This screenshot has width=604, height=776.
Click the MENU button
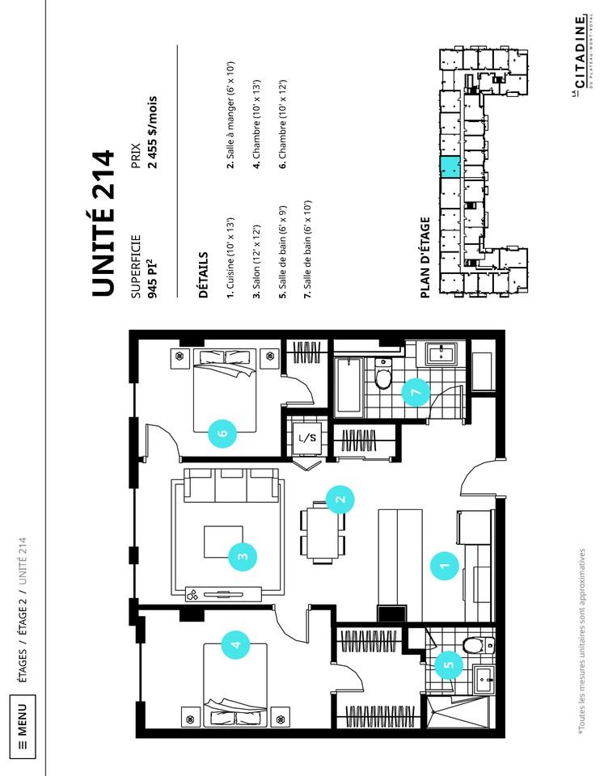coord(23,726)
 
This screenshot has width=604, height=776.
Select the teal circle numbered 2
coord(340,499)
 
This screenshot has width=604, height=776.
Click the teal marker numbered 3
coord(243,556)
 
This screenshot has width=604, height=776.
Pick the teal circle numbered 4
coord(236,644)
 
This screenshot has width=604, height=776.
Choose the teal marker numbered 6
coord(222,432)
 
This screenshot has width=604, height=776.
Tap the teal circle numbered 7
coord(416,393)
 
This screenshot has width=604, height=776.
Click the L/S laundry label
coord(307,437)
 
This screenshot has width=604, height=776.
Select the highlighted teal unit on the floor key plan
coord(450,167)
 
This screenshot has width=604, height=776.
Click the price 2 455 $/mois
coord(153,132)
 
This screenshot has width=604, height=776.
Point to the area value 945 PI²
coord(153,280)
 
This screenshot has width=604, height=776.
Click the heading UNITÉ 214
coord(103,223)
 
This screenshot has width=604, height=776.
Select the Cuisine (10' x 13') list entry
coord(230,258)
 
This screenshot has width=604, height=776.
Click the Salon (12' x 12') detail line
coord(256,262)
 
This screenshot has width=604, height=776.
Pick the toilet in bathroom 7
coord(383,374)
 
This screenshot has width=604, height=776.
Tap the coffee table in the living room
coord(224,542)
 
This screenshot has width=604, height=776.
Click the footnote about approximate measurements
coord(582,639)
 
